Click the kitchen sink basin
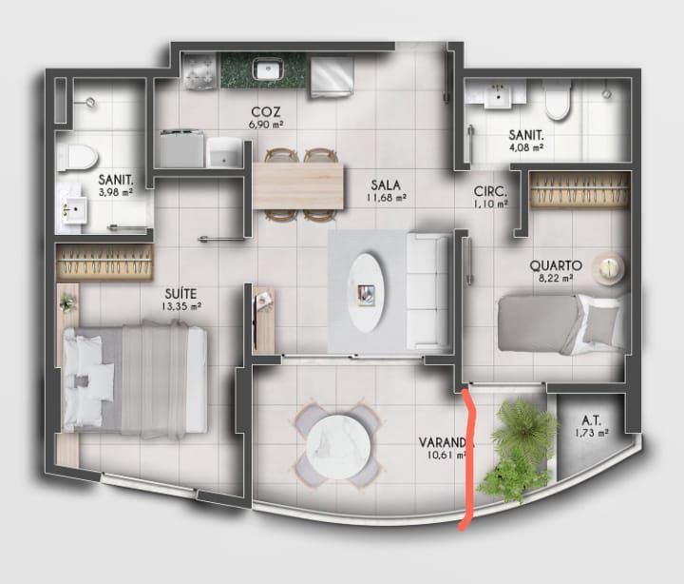269,69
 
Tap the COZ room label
266,112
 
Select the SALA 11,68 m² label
387,190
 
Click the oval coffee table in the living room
369,293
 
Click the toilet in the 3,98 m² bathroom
78,157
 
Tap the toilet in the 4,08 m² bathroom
558,101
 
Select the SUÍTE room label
180,293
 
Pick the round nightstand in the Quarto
610,268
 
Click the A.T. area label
592,420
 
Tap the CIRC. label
491,191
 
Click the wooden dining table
298,185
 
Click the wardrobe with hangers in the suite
104,263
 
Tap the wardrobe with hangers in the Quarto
580,189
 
